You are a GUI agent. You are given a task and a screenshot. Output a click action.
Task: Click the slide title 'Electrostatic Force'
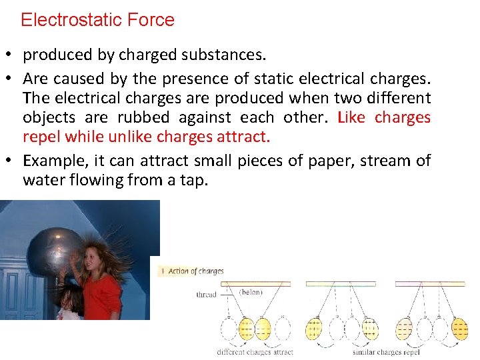pos(97,20)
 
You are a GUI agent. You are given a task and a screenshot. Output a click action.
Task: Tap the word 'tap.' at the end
pos(193,180)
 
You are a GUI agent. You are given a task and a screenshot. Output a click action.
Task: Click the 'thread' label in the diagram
pos(206,295)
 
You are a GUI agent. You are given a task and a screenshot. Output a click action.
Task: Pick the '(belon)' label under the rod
pos(251,292)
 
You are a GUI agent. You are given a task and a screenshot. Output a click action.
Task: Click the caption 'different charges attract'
pos(254,351)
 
